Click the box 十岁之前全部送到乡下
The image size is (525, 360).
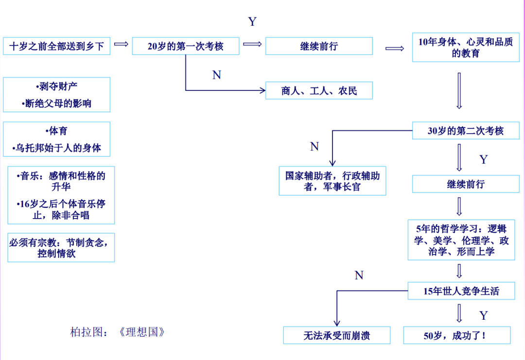tap(56, 47)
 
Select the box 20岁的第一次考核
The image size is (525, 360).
tap(185, 47)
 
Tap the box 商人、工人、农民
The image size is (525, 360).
tap(319, 91)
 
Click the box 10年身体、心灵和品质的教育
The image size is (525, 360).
tap(465, 48)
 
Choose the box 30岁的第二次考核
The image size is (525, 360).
tap(465, 131)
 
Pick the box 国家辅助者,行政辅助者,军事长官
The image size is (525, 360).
tap(332, 181)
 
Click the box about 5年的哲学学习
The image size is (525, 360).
tap(461, 240)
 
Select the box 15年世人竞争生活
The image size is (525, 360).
tap(461, 291)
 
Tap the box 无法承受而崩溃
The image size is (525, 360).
tap(336, 335)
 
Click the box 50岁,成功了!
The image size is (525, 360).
tap(456, 335)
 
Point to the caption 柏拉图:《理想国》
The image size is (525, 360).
tap(118, 332)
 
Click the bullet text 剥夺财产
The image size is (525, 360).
tap(57, 86)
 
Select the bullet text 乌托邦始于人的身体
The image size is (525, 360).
tap(57, 148)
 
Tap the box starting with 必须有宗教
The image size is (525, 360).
tap(61, 248)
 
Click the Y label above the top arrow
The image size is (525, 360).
tap(252, 22)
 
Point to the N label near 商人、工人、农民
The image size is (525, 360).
tap(217, 75)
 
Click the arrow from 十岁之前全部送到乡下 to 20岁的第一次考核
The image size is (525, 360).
tap(121, 44)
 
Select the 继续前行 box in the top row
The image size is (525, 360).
tap(319, 47)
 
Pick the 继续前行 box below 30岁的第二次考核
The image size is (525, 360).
tap(465, 185)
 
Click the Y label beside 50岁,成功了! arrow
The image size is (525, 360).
tap(483, 316)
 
